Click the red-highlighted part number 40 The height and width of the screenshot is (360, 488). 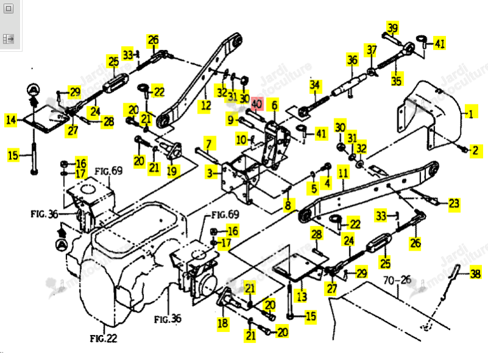pyautogui.click(x=257, y=104)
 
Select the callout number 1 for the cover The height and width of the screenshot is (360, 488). pyautogui.click(x=471, y=114)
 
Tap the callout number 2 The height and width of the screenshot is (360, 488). pyautogui.click(x=476, y=151)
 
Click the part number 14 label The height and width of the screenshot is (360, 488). pyautogui.click(x=11, y=120)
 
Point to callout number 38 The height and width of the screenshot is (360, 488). pyautogui.click(x=476, y=274)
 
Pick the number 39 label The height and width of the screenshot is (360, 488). pyautogui.click(x=393, y=28)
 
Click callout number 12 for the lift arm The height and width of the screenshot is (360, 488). pyautogui.click(x=206, y=106)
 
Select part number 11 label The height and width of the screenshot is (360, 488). pyautogui.click(x=343, y=173)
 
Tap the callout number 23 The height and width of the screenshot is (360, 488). pyautogui.click(x=454, y=204)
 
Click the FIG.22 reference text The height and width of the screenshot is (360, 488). pyautogui.click(x=104, y=338)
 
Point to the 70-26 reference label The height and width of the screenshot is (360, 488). pyautogui.click(x=397, y=280)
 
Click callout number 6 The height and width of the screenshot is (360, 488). pyautogui.click(x=274, y=106)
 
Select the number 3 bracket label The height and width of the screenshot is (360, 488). pyautogui.click(x=210, y=173)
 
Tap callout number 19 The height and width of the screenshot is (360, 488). pyautogui.click(x=172, y=171)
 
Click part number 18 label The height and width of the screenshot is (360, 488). pyautogui.click(x=223, y=323)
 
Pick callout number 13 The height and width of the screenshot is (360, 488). pyautogui.click(x=301, y=297)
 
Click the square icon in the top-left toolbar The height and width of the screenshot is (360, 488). pyautogui.click(x=9, y=9)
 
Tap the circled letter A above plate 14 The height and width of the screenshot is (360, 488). pyautogui.click(x=33, y=90)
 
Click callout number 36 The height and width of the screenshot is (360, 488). pyautogui.click(x=353, y=60)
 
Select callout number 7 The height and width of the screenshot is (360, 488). pyautogui.click(x=209, y=144)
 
